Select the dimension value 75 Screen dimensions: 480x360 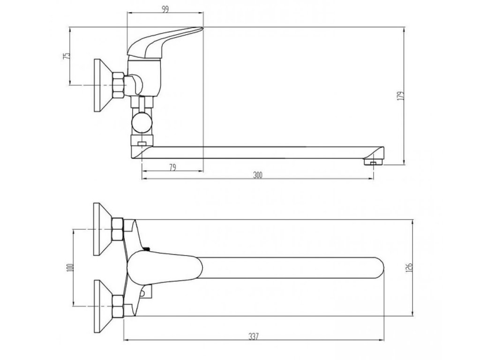click(x=67, y=55)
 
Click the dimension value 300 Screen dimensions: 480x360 click(x=257, y=175)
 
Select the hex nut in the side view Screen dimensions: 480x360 click(x=119, y=85)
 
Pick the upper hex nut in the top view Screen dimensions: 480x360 click(x=118, y=229)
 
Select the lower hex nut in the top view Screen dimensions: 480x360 click(x=118, y=306)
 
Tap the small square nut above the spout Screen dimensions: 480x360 click(x=141, y=141)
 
